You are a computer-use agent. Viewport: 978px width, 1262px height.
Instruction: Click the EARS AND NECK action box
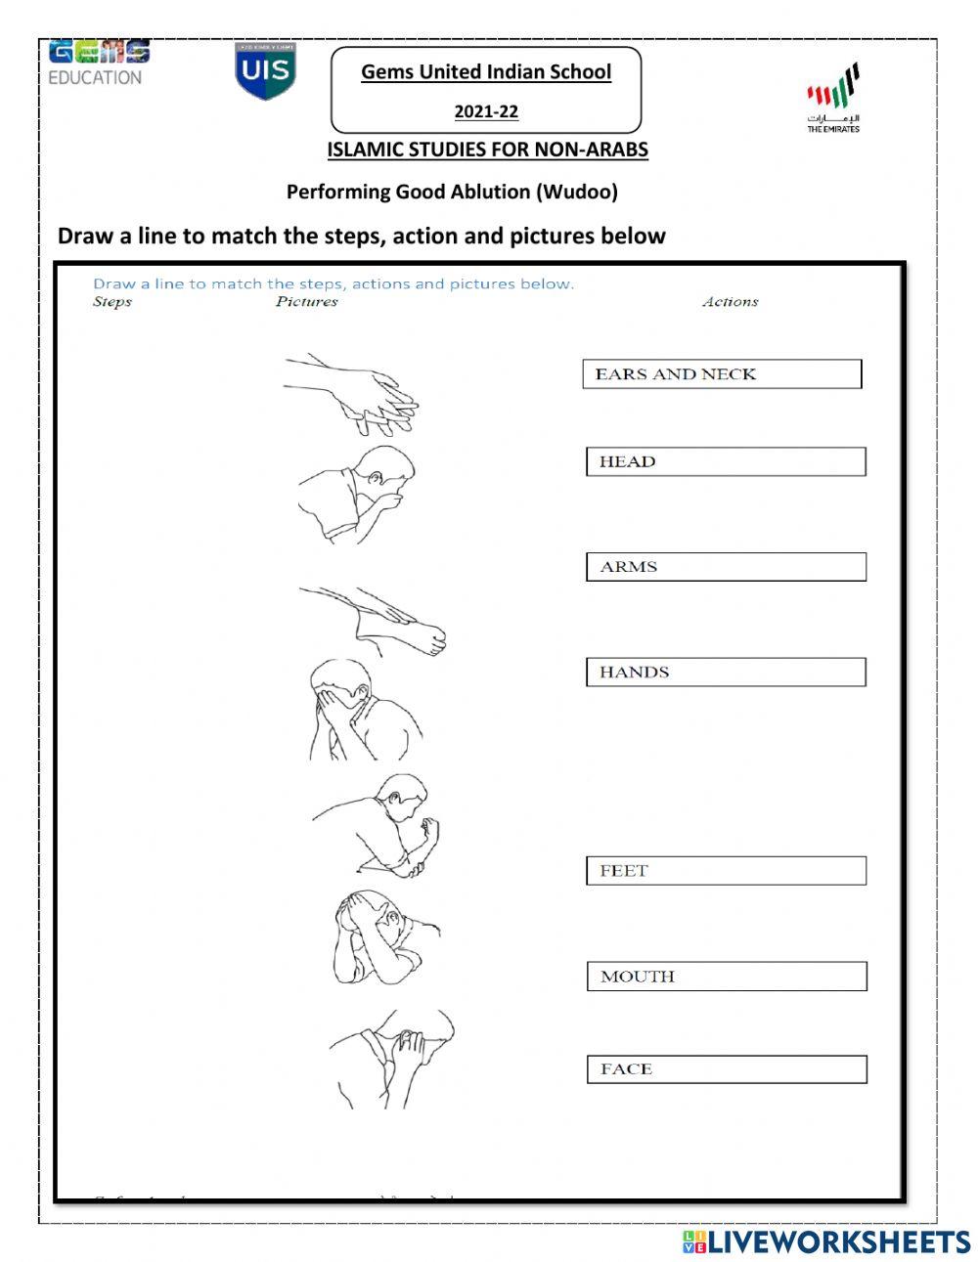[722, 374]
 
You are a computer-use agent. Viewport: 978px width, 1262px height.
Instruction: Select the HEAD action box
[726, 461]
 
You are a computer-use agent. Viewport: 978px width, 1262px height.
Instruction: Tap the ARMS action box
[726, 567]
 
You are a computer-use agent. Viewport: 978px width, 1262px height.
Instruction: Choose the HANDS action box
[726, 673]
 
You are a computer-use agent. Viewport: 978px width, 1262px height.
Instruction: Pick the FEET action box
[726, 871]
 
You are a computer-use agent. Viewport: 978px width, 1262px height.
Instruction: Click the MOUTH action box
[727, 977]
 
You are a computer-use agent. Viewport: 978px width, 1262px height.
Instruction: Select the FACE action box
[727, 1069]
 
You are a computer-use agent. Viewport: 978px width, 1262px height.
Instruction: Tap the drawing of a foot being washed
[377, 622]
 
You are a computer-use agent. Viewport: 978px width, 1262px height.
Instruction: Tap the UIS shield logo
[265, 70]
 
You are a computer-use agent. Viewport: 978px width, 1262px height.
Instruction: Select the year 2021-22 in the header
[486, 111]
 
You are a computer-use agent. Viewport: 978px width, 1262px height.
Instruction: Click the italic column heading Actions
[730, 302]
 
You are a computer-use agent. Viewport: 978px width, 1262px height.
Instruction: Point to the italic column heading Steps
[111, 302]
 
